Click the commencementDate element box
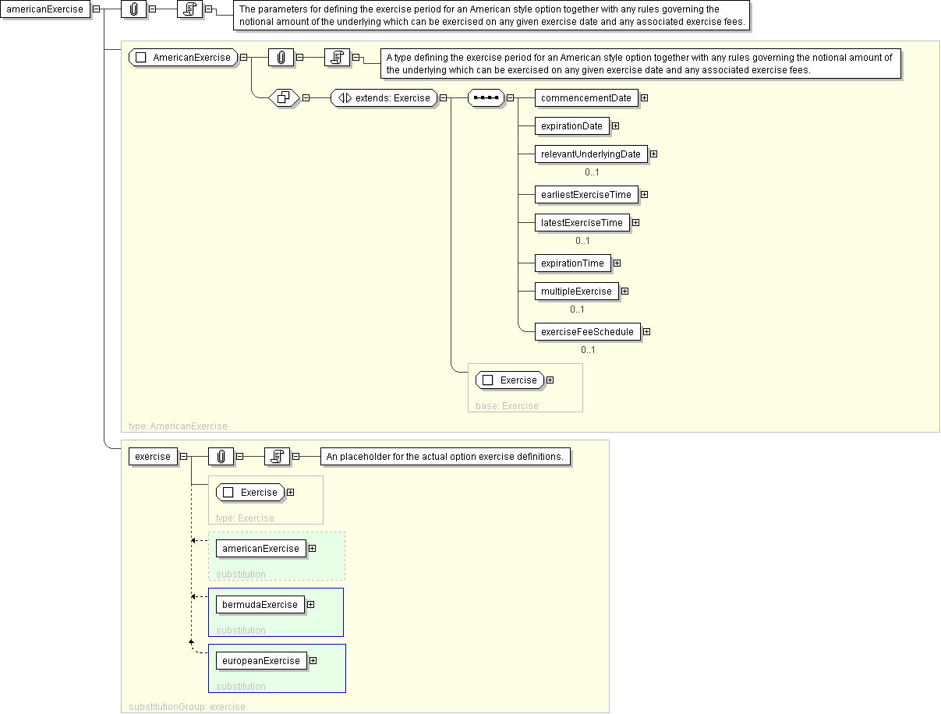coord(585,98)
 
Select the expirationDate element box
coord(571,126)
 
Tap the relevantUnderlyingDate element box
coord(590,154)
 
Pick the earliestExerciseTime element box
coord(585,195)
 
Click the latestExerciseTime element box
coord(582,223)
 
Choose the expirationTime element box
coord(572,263)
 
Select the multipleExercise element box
coord(576,292)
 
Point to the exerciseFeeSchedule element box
coord(587,332)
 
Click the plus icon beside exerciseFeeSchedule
coord(646,332)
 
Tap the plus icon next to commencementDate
coord(644,98)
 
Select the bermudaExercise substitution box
coord(260,605)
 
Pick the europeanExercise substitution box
coord(261,661)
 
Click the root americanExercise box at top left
coord(44,9)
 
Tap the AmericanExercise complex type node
coord(183,58)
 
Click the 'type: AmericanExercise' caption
coord(178,426)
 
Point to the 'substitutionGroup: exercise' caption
coord(187,707)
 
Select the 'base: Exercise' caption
coord(507,406)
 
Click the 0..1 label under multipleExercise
coord(577,309)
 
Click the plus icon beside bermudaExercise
coord(310,605)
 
